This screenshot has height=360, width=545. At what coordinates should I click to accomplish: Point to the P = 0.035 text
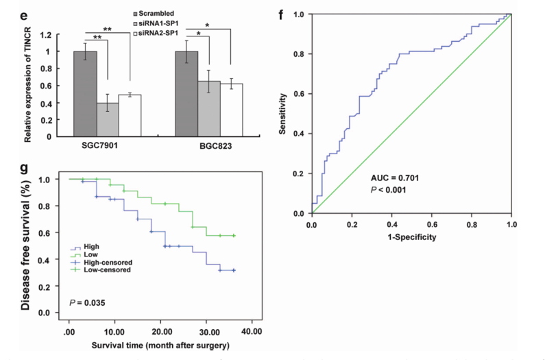pyautogui.click(x=87, y=302)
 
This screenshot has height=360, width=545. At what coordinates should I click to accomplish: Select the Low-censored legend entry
pyautogui.click(x=102, y=269)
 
